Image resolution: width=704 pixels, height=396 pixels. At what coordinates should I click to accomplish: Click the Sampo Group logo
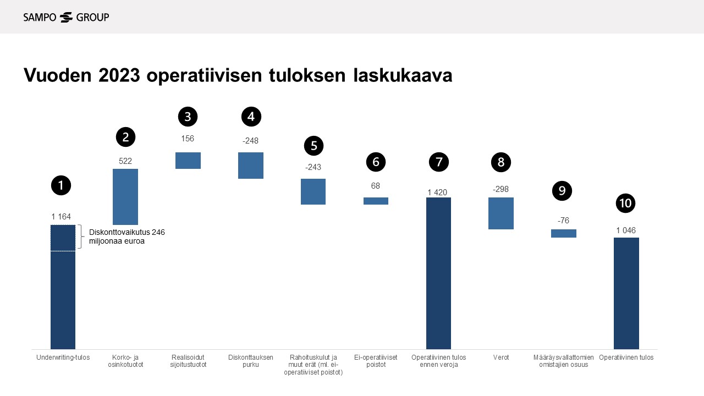click(x=66, y=17)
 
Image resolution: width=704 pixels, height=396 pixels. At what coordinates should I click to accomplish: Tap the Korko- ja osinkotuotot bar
click(x=125, y=197)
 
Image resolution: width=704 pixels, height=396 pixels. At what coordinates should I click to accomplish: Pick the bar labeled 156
click(x=188, y=161)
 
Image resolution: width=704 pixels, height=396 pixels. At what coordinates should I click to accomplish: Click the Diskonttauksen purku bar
click(x=251, y=166)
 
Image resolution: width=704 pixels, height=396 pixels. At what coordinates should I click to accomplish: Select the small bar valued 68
click(x=376, y=201)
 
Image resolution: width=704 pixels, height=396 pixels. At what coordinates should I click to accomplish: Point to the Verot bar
click(x=501, y=213)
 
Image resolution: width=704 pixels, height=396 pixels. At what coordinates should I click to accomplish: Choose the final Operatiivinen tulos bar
click(x=626, y=293)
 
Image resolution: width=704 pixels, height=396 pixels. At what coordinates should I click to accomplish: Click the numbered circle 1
click(x=61, y=185)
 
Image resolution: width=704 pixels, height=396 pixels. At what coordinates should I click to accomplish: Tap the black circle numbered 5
click(x=314, y=146)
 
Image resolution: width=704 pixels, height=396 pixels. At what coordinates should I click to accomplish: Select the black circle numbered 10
click(x=625, y=204)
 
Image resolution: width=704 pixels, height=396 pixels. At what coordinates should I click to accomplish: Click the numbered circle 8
click(x=501, y=162)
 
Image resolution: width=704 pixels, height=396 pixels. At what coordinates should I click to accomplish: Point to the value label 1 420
click(x=437, y=193)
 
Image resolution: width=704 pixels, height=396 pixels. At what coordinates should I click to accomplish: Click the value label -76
click(x=563, y=221)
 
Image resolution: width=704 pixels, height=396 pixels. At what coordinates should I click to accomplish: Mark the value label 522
click(x=125, y=161)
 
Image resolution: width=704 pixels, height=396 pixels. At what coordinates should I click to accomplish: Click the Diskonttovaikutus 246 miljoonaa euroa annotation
click(x=127, y=237)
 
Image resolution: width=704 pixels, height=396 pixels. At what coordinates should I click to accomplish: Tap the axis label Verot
click(x=501, y=358)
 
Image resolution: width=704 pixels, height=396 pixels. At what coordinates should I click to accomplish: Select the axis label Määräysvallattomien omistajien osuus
click(x=563, y=361)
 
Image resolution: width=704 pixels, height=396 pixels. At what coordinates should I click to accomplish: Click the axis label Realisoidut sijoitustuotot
click(x=188, y=361)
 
